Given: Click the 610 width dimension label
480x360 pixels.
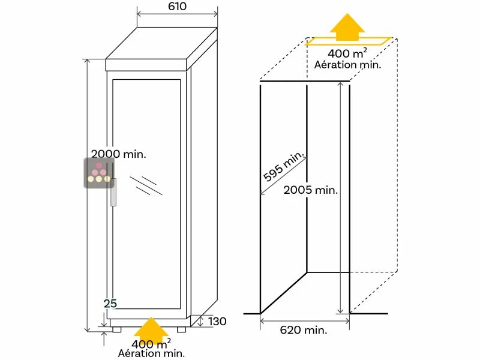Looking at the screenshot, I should [178, 7].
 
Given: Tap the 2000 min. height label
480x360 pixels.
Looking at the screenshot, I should [119, 154].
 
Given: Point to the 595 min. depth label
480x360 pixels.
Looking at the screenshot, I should [284, 168].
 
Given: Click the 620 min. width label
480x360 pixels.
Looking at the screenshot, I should [303, 330].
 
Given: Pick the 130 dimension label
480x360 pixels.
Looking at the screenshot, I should [217, 322].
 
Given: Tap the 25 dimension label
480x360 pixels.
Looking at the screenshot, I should [110, 304].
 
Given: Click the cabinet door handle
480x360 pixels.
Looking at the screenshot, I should [112, 192].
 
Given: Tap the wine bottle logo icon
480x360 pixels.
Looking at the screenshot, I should [98, 173].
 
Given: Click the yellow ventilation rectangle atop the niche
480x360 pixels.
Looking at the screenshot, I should [348, 41].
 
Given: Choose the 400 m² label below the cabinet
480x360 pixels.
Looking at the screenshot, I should [151, 344].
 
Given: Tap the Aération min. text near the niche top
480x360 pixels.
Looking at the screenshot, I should [348, 65].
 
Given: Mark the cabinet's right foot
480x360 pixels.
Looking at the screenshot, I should [181, 329].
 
